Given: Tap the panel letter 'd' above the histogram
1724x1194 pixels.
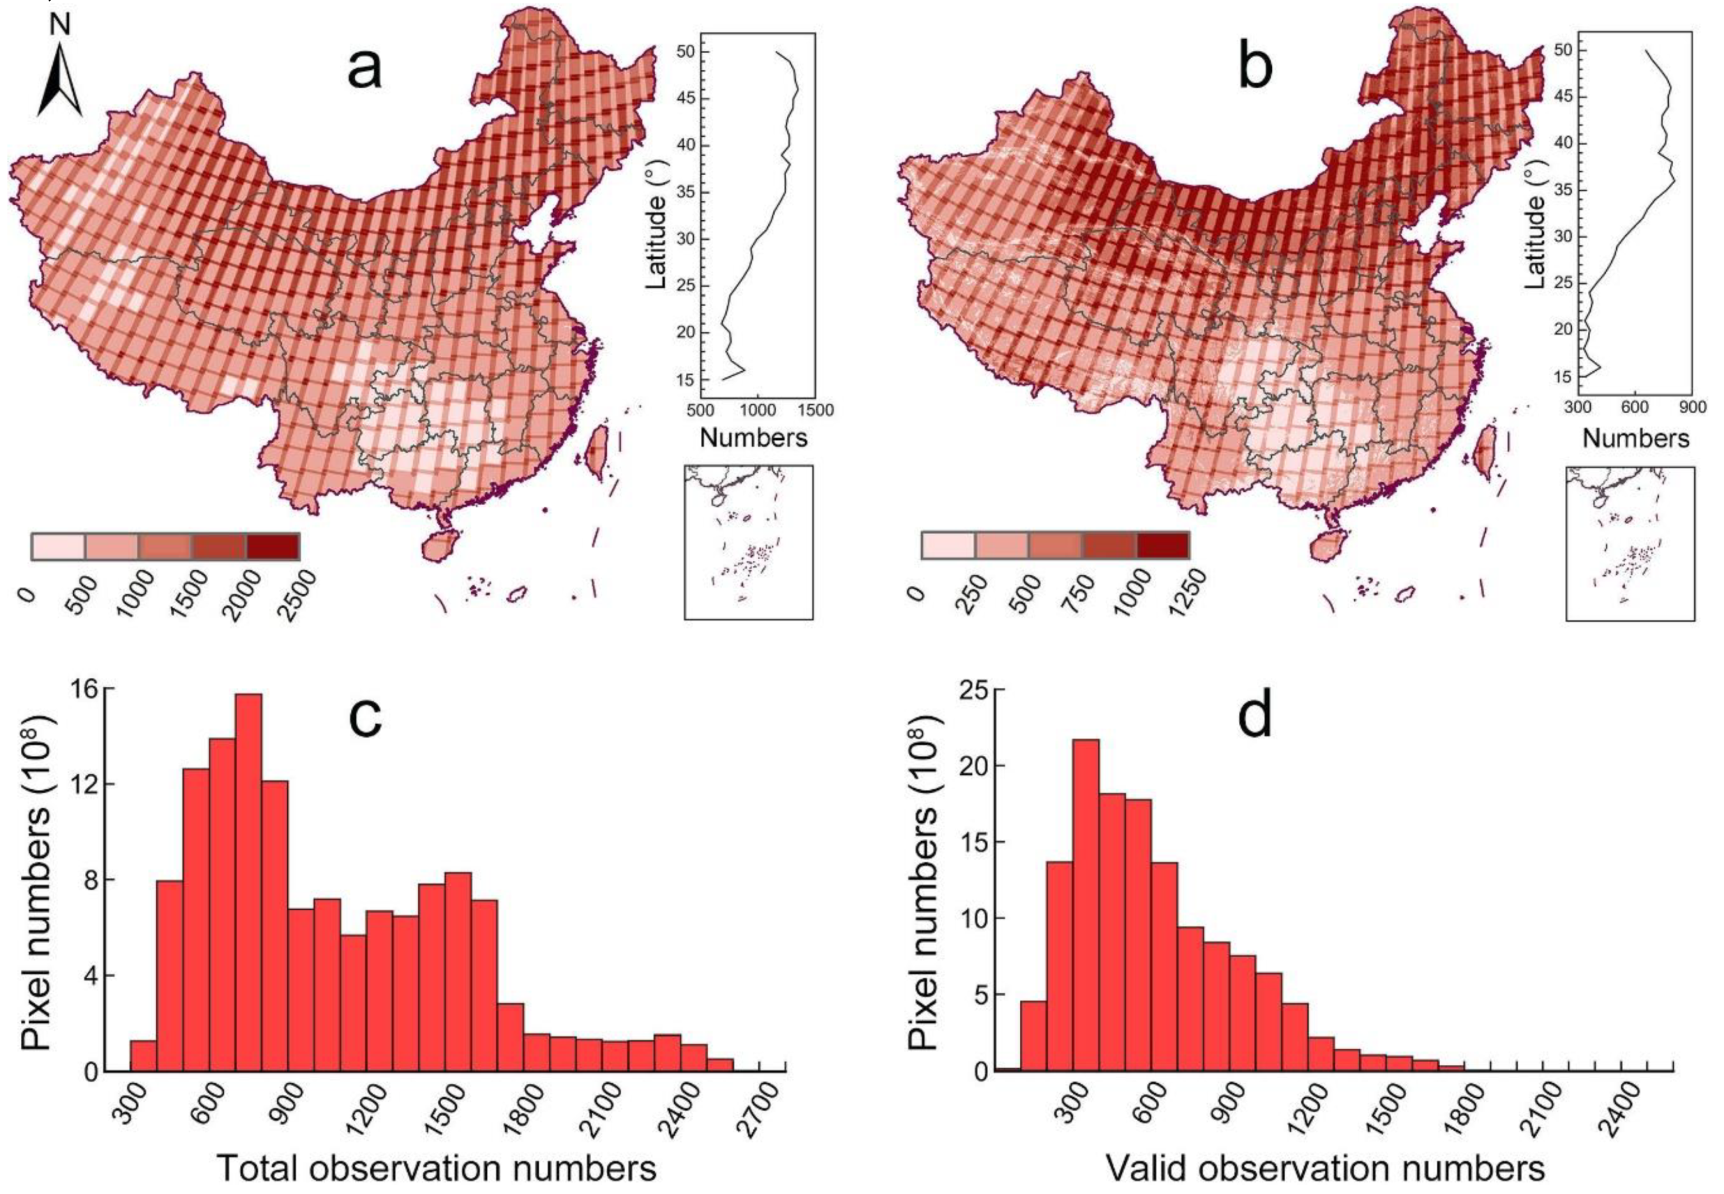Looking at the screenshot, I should [x=1255, y=716].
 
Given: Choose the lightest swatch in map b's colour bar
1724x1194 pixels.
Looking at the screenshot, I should [x=948, y=545].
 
